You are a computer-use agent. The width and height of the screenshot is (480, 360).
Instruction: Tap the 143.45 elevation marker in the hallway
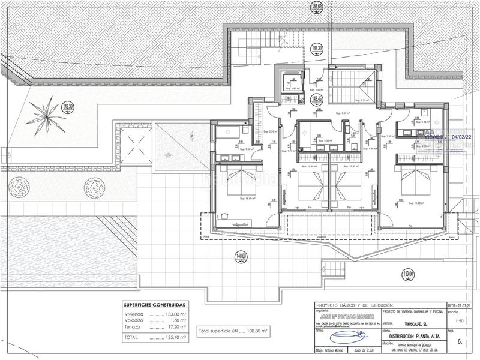pos(316,98)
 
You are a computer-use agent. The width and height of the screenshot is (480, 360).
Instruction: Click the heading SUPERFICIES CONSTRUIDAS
pos(155,305)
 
